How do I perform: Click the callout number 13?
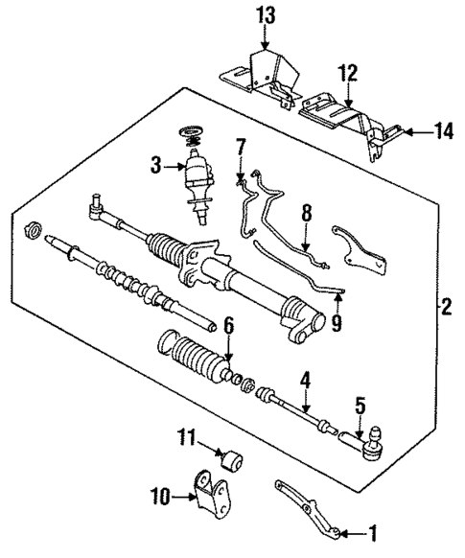point(264,14)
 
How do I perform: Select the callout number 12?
point(347,72)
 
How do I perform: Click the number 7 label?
point(240,147)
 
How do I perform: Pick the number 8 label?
point(305,214)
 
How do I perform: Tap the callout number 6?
point(228,328)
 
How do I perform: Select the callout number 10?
point(159,496)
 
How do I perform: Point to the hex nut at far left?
point(30,230)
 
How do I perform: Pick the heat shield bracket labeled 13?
point(261,69)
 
